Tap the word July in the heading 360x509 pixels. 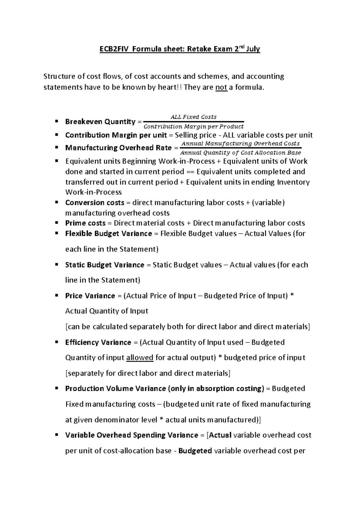(253, 49)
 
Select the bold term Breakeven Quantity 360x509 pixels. (100, 122)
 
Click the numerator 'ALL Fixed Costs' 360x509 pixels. (193, 117)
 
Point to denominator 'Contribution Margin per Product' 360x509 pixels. (193, 127)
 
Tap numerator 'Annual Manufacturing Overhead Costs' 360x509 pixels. (241, 143)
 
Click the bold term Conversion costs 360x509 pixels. (94, 203)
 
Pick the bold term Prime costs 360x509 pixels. (85, 223)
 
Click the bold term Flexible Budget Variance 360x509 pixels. (108, 233)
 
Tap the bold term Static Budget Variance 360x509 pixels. (104, 265)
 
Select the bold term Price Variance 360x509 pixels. (90, 296)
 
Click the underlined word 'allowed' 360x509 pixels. (140, 357)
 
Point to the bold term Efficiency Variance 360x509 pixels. (98, 342)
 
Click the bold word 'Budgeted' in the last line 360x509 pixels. (195, 450)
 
